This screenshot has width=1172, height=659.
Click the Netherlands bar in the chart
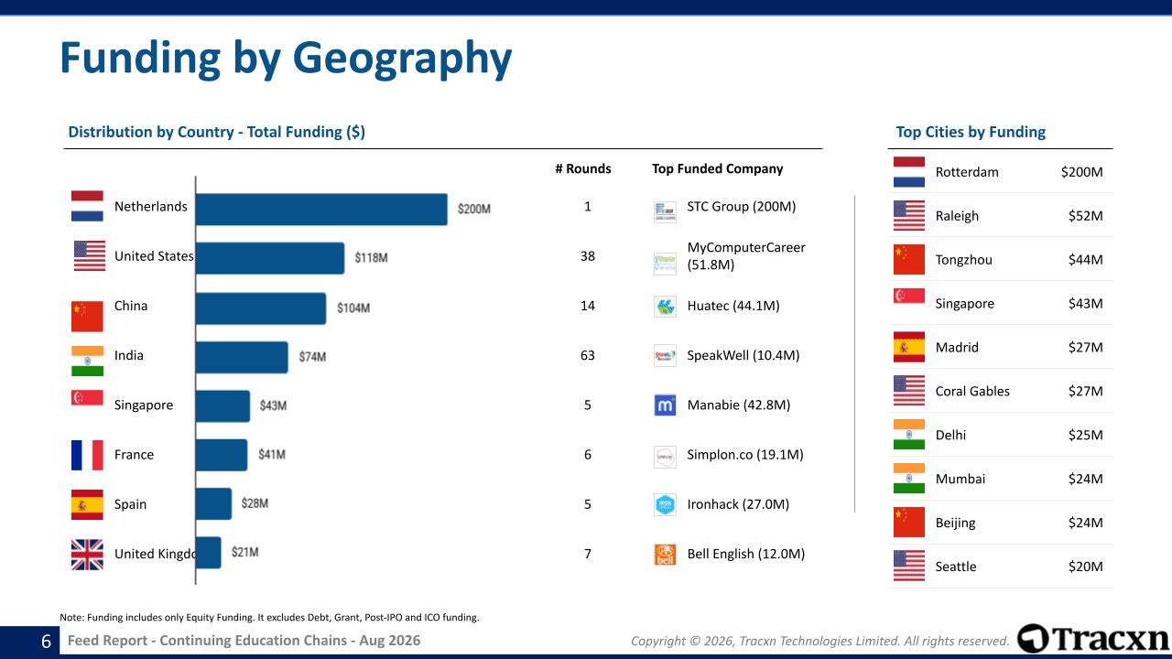321,210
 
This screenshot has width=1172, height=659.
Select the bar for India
242,357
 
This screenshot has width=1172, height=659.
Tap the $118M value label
371,258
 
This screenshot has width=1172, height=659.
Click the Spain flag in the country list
87,504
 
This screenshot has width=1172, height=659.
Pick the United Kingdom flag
87,555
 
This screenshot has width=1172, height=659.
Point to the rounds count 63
588,356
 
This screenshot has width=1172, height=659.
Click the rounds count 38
588,256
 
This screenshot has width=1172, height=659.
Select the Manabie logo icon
665,405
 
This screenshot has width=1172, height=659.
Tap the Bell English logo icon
665,555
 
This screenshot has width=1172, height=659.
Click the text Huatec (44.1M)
733,306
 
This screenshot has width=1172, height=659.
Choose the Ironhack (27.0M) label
738,504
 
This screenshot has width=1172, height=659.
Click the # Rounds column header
583,169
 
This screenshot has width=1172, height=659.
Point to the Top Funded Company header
717,169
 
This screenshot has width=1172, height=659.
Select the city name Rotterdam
967,172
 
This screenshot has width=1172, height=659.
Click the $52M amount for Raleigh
1085,216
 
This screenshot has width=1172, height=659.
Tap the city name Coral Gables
972,391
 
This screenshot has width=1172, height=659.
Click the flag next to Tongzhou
909,259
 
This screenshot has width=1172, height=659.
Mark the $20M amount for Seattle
1085,567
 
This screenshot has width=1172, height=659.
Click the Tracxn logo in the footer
1092,639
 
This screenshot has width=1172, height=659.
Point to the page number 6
46,642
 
